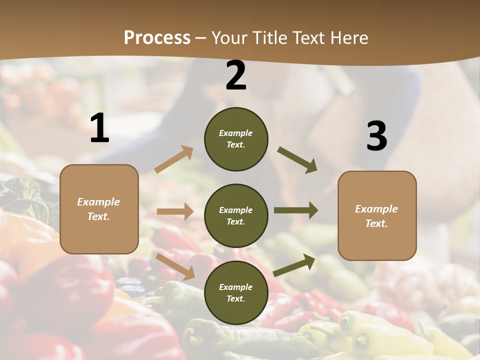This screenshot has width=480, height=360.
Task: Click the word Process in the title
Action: pyautogui.click(x=157, y=38)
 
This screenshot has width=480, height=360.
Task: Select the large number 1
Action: pyautogui.click(x=99, y=128)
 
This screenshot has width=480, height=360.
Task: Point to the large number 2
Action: pyautogui.click(x=236, y=75)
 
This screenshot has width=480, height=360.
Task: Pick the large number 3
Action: pyautogui.click(x=376, y=136)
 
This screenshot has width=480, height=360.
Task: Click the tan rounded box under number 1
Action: pyautogui.click(x=99, y=209)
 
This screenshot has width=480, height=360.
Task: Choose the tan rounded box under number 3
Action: pyautogui.click(x=377, y=215)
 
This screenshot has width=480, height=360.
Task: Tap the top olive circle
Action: pyautogui.click(x=236, y=139)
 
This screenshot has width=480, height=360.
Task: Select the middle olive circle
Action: pyautogui.click(x=236, y=215)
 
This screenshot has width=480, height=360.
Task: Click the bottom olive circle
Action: pyautogui.click(x=236, y=292)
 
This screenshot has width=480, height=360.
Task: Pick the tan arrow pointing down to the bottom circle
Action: pyautogui.click(x=175, y=266)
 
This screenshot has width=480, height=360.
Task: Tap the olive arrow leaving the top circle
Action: pyautogui.click(x=297, y=160)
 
